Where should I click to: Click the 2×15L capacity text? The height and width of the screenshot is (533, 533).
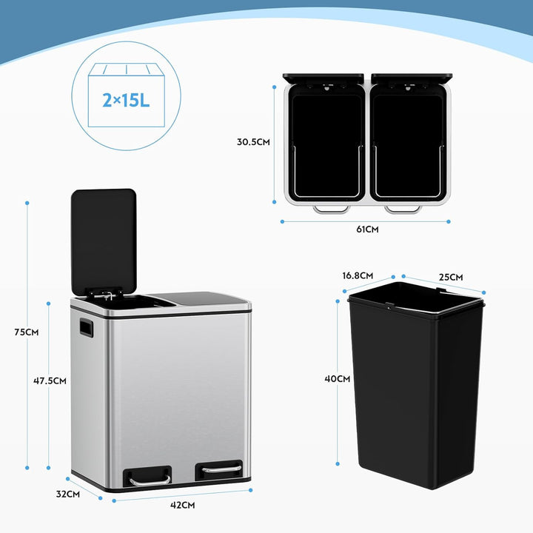pyautogui.click(x=126, y=100)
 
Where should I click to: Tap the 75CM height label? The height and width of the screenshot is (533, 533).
pyautogui.click(x=27, y=332)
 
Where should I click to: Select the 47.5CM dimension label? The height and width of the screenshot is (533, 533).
pyautogui.click(x=50, y=381)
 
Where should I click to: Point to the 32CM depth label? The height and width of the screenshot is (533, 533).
pyautogui.click(x=68, y=494)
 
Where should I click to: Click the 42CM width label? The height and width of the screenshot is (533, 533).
pyautogui.click(x=183, y=505)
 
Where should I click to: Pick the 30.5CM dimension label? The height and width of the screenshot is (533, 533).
pyautogui.click(x=253, y=141)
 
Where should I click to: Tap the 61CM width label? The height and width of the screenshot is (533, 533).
pyautogui.click(x=367, y=229)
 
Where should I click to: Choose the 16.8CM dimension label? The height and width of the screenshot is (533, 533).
pyautogui.click(x=358, y=275)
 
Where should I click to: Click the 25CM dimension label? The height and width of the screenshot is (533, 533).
pyautogui.click(x=451, y=278)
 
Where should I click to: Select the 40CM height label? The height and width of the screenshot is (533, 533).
pyautogui.click(x=338, y=379)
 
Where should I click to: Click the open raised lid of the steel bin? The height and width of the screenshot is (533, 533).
pyautogui.click(x=104, y=241)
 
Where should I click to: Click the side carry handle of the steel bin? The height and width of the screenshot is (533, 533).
pyautogui.click(x=87, y=327)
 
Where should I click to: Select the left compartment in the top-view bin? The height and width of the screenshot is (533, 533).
pyautogui.click(x=326, y=146)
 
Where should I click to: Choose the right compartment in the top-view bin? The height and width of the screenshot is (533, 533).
pyautogui.click(x=408, y=146)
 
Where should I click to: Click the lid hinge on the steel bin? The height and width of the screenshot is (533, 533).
pyautogui.click(x=104, y=294)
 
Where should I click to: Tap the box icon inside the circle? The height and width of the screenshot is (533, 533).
pyautogui.click(x=127, y=95)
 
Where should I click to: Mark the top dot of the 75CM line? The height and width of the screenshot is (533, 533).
pyautogui.click(x=27, y=203)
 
